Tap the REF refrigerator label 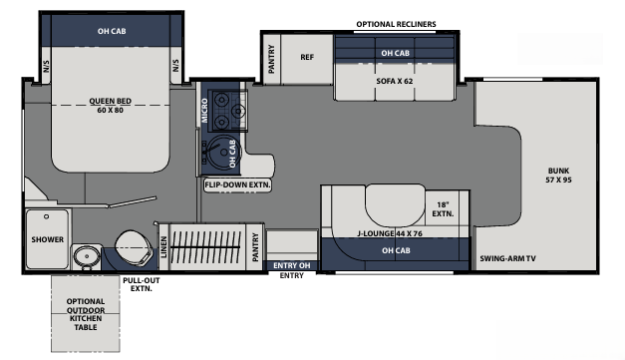[307, 57]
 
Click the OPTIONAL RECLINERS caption [396, 25]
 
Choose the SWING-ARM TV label [509, 256]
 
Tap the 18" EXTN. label [443, 207]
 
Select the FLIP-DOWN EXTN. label [238, 185]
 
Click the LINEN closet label [162, 245]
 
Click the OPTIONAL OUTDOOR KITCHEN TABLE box [85, 315]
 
